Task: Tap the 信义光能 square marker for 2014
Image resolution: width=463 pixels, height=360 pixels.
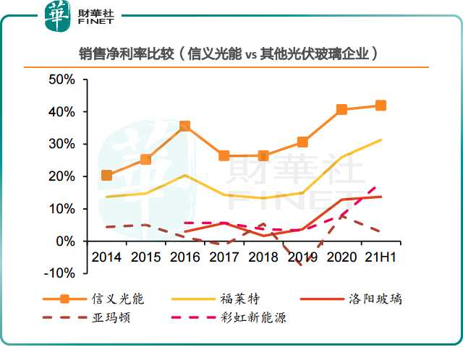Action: point(107,175)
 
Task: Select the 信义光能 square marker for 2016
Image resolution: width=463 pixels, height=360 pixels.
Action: point(185,127)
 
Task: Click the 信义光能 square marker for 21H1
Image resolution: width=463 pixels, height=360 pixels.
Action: point(381,106)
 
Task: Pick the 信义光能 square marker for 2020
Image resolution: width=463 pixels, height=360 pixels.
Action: point(341,110)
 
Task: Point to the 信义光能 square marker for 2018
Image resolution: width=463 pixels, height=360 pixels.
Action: point(263,155)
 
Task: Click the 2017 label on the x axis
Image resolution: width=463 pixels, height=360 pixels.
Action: point(224,257)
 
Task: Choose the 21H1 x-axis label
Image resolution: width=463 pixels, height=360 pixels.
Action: point(381,257)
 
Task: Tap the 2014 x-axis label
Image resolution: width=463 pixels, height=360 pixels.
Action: point(107,257)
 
